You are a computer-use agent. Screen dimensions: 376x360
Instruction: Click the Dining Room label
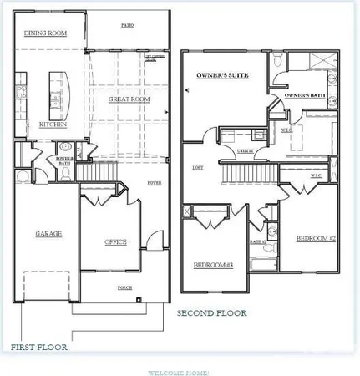[x=47, y=33]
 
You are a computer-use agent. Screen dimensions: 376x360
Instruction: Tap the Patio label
[x=127, y=26]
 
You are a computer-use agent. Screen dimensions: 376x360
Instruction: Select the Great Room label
[x=129, y=99]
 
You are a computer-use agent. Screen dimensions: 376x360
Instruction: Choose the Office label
[x=115, y=242]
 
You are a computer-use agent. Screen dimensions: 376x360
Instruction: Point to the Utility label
[x=246, y=150]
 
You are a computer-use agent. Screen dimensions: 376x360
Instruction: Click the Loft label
[x=198, y=167]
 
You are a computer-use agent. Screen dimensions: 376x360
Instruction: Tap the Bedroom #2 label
[x=315, y=239]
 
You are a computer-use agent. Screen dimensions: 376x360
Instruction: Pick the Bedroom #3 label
[x=212, y=265]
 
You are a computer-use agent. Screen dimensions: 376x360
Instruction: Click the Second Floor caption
[x=211, y=314]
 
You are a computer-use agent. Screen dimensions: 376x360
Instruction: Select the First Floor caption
[x=39, y=346]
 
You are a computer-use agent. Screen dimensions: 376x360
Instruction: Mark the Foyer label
[x=155, y=181]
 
